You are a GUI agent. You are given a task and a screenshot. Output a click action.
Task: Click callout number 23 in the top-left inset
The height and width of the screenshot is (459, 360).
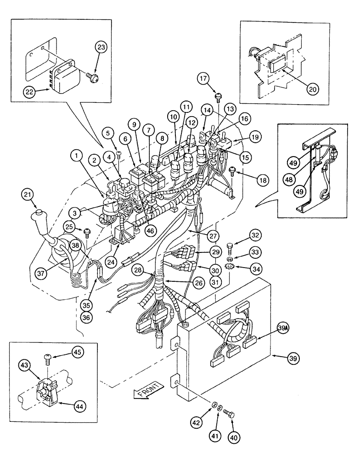tap(101, 47)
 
